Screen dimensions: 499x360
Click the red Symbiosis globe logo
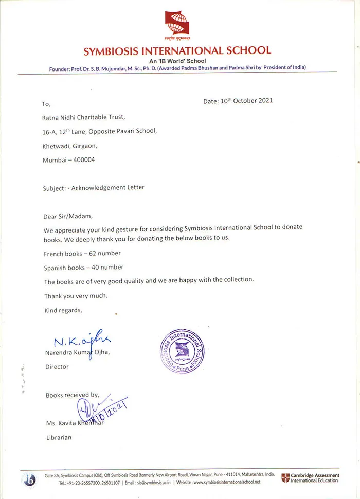(x=177, y=24)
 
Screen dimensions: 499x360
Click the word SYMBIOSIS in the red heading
(x=116, y=50)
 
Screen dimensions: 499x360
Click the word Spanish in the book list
(x=57, y=268)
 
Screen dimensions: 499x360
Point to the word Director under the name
(x=57, y=367)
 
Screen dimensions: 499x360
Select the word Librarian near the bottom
(x=59, y=438)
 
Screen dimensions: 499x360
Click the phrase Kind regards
(x=63, y=310)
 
